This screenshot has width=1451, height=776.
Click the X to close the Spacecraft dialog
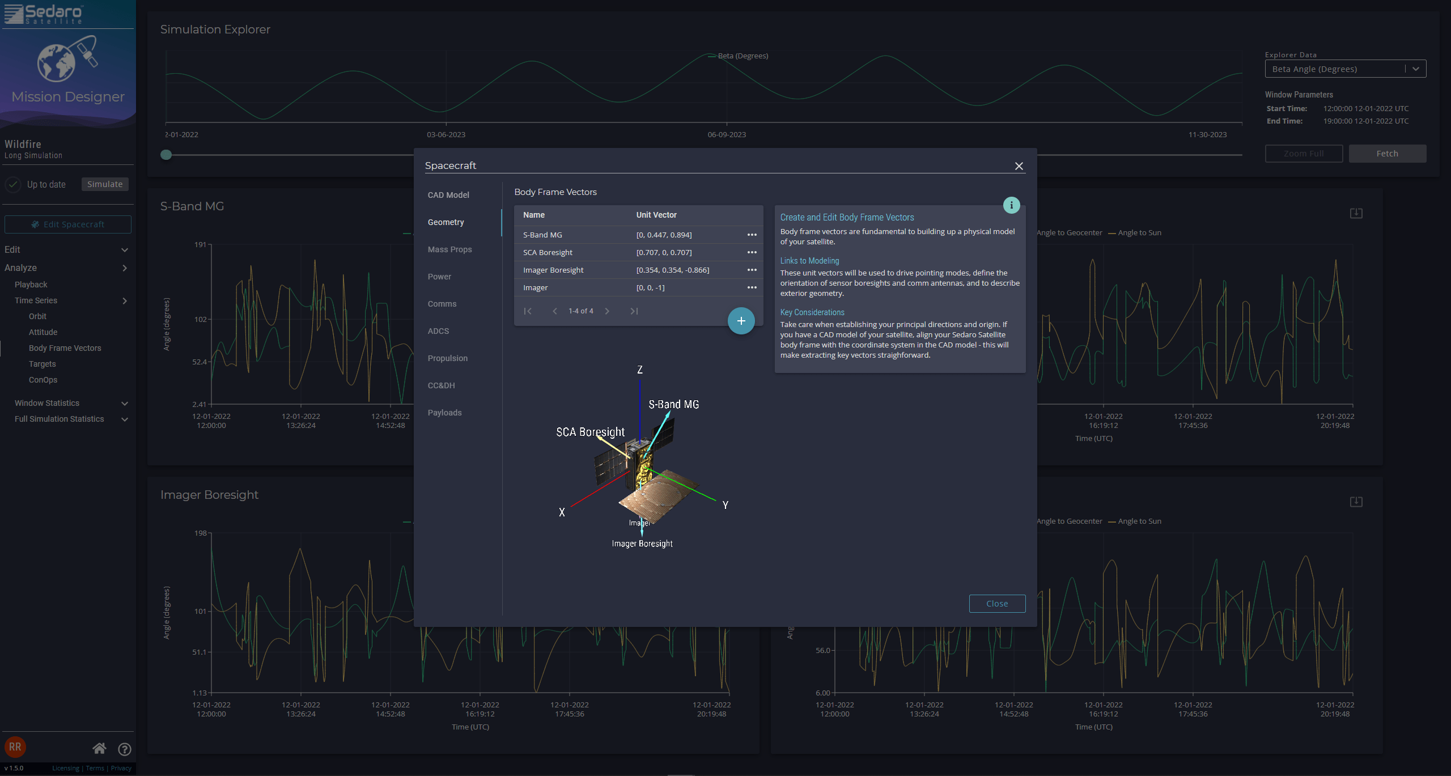pyautogui.click(x=1019, y=166)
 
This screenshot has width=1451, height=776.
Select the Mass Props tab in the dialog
pyautogui.click(x=449, y=249)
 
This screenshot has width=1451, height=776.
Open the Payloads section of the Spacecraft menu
pyautogui.click(x=444, y=413)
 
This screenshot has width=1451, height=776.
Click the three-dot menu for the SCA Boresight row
pyautogui.click(x=752, y=252)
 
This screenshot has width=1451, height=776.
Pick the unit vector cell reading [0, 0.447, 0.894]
pyautogui.click(x=664, y=235)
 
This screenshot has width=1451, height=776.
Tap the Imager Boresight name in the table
pyautogui.click(x=553, y=270)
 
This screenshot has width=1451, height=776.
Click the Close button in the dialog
pyautogui.click(x=996, y=604)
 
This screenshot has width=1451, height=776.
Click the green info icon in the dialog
pyautogui.click(x=1011, y=205)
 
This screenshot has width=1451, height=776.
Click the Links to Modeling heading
pyautogui.click(x=809, y=261)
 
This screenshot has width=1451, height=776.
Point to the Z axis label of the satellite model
pyautogui.click(x=640, y=370)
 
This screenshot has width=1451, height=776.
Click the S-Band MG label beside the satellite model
pyautogui.click(x=673, y=404)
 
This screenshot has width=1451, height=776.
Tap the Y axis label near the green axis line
pyautogui.click(x=725, y=505)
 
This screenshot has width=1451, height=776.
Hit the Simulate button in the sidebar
pyautogui.click(x=105, y=184)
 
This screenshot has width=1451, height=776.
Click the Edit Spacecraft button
pyautogui.click(x=68, y=224)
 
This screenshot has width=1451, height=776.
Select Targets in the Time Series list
pyautogui.click(x=42, y=364)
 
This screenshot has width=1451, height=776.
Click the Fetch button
pyautogui.click(x=1387, y=154)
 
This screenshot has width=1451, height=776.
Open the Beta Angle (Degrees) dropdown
pyautogui.click(x=1345, y=69)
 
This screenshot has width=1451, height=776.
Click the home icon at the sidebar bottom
pyautogui.click(x=99, y=749)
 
